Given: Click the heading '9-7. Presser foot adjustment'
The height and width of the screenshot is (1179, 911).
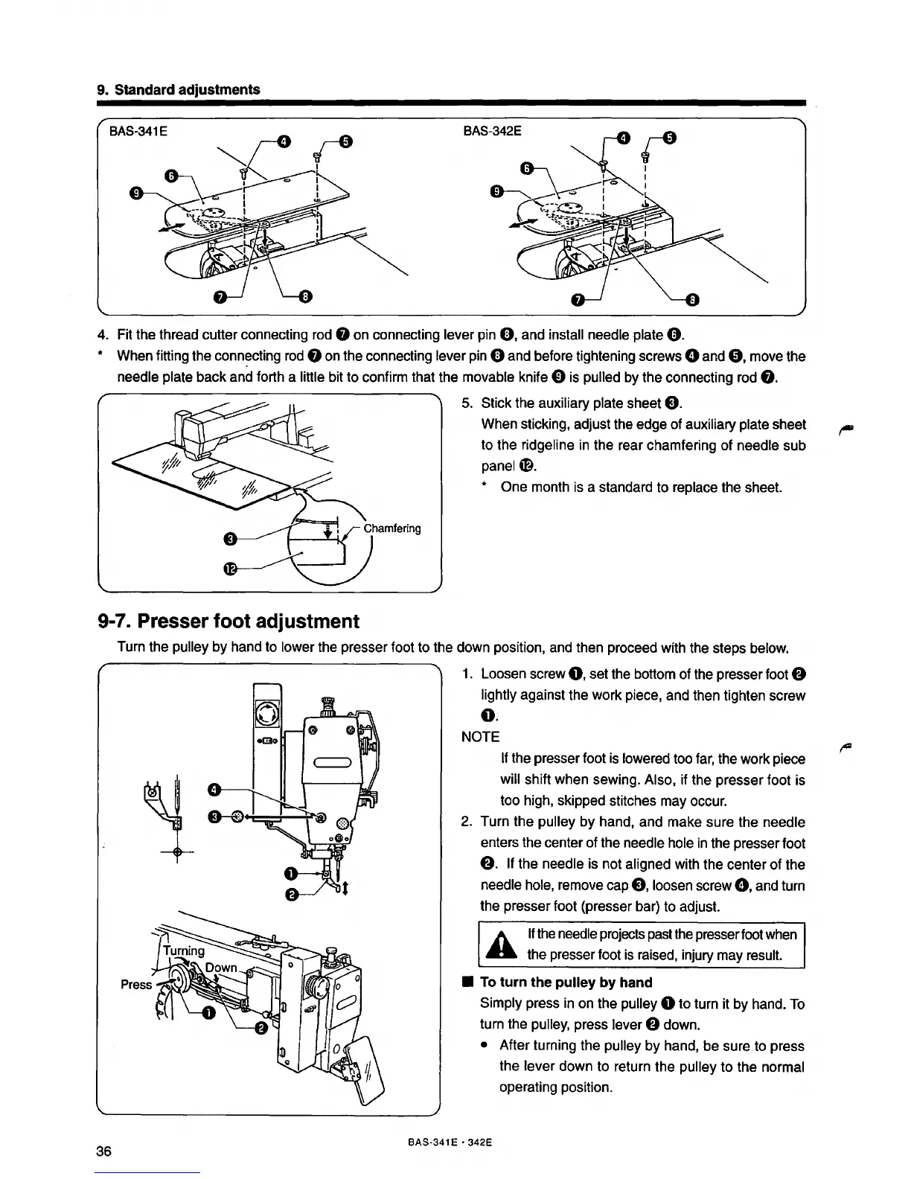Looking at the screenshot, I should [228, 621].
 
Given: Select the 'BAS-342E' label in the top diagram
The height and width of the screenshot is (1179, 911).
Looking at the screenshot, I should [492, 131].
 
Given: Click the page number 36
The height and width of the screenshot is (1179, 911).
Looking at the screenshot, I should [103, 1151].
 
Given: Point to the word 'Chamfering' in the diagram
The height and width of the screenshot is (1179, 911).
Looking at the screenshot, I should [392, 528].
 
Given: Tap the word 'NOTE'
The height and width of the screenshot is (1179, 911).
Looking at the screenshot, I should [480, 737].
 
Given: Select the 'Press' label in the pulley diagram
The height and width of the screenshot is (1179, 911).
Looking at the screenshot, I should [136, 984].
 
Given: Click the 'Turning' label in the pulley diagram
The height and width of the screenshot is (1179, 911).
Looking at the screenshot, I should [183, 950].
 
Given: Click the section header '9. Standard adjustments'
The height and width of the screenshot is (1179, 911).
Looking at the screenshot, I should [179, 89].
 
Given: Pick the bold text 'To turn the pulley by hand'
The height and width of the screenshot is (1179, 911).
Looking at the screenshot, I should [566, 982].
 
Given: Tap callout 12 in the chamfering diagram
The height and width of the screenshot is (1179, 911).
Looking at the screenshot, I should [231, 569].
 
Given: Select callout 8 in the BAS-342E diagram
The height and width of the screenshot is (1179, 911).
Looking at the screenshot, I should [693, 300].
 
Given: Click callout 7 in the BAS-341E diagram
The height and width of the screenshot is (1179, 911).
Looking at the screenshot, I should [220, 298].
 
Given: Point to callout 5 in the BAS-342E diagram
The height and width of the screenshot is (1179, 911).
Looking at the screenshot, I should [668, 137].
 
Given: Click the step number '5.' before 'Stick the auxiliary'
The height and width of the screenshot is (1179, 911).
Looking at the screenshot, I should [467, 403].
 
